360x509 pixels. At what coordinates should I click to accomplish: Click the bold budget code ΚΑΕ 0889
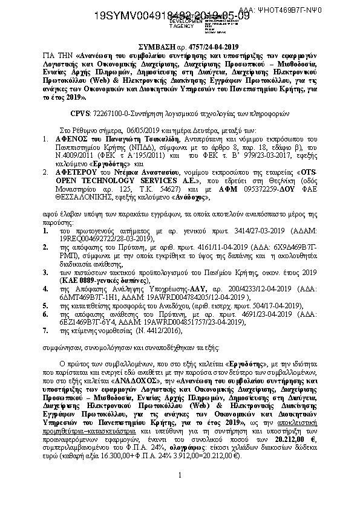(79, 281)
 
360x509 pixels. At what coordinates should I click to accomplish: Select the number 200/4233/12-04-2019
(239, 290)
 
